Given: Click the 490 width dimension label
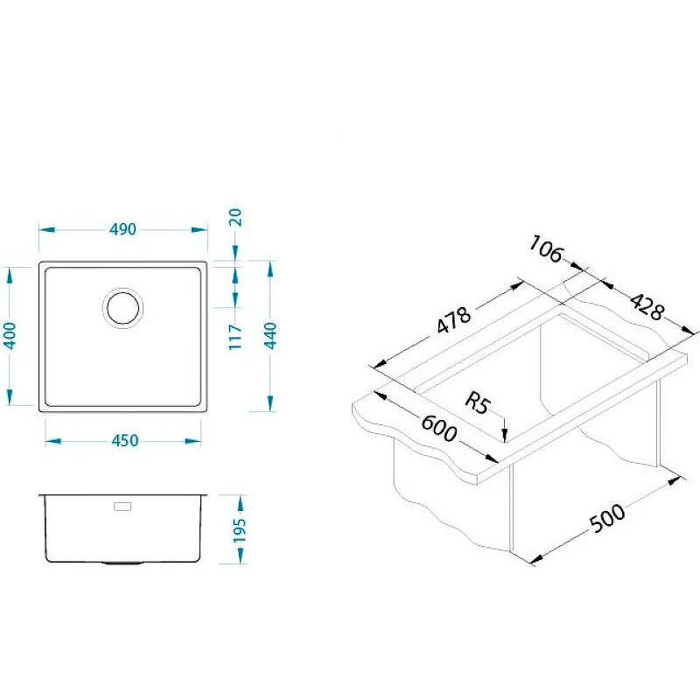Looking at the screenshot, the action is pos(122,229).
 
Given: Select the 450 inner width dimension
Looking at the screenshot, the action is pos(125,441).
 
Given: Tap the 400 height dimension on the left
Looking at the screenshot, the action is pos(10,335).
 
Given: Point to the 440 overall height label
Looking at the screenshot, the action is pos(270,336).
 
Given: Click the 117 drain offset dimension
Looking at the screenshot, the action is pos(235,337).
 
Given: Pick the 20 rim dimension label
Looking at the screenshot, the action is pos(235,217).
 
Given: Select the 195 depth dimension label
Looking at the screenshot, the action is pos(240,530).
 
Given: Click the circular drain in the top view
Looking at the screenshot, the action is pos(122,308).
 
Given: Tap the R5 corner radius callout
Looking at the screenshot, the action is pos(478,402).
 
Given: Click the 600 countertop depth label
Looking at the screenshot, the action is pos(439,428).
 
